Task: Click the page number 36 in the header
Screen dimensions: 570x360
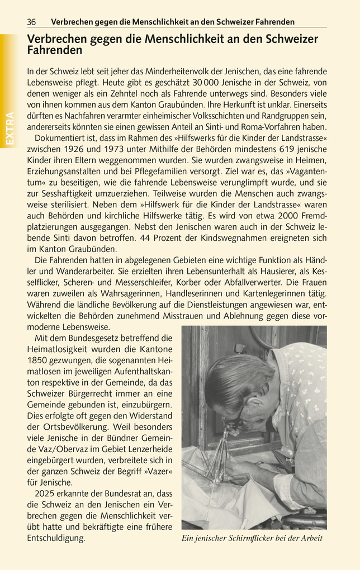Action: [x=31, y=22]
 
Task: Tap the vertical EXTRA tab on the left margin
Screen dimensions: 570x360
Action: [x=10, y=129]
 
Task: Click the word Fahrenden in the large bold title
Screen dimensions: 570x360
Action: [x=54, y=50]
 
